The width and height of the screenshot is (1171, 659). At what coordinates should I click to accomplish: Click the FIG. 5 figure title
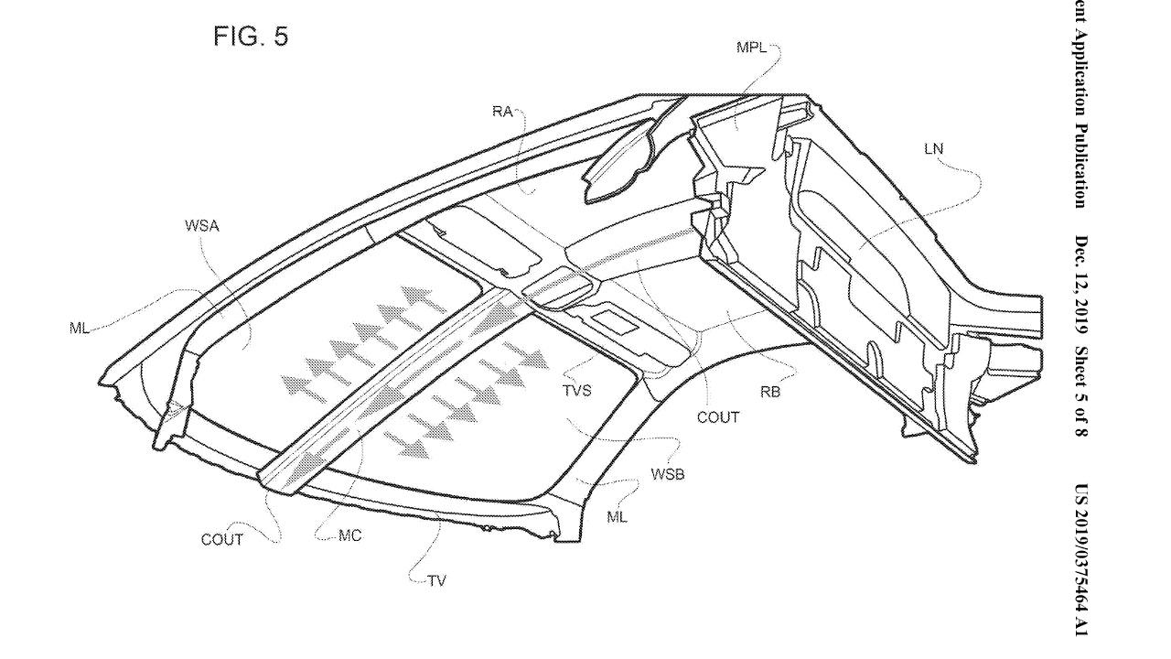pos(251,37)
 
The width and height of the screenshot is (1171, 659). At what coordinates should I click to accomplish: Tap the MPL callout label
pos(753,48)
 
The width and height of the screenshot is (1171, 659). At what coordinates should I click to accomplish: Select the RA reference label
pos(501,112)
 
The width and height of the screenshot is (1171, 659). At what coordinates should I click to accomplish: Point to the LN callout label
pos(934,149)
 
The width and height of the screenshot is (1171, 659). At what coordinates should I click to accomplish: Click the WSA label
pos(201,225)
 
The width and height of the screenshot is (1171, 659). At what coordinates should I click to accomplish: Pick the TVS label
pos(576,391)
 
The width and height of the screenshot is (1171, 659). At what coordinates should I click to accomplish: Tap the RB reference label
pos(769,392)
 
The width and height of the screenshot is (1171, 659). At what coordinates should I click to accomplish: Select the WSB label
pos(668,473)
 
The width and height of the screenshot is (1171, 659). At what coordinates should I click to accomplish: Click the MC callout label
pos(349,535)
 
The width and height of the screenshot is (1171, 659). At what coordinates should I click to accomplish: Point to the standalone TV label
pos(436,581)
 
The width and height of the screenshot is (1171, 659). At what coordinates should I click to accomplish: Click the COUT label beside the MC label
pos(222,540)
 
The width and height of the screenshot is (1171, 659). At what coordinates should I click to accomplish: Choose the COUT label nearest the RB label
pos(717,417)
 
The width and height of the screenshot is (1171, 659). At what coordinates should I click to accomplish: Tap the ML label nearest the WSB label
pos(618,517)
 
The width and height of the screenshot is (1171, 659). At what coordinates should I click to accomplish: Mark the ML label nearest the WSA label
pos(80,329)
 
